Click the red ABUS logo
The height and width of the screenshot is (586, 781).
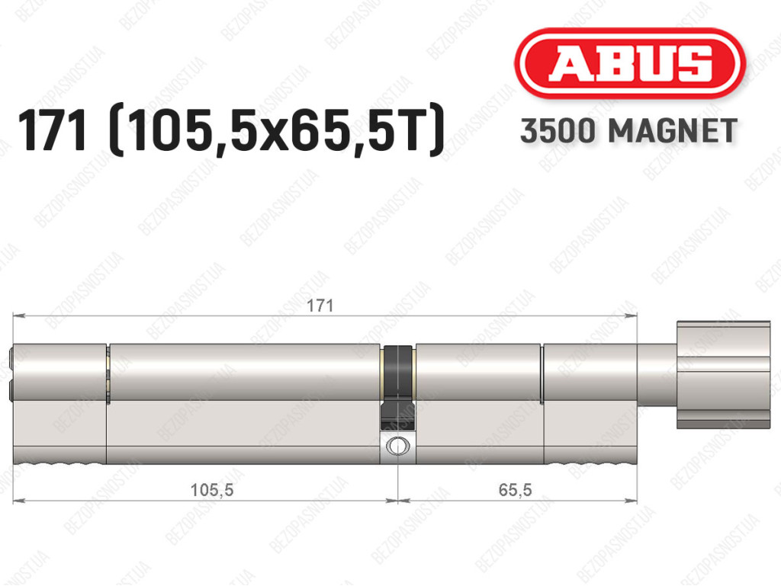[x=629, y=63]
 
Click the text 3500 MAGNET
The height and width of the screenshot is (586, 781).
[x=628, y=131]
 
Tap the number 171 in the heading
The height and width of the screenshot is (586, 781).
[x=53, y=130]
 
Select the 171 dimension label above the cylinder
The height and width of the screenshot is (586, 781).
[x=320, y=306]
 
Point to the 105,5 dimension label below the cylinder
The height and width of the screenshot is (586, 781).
[x=212, y=490]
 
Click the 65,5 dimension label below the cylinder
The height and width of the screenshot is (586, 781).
[x=515, y=490]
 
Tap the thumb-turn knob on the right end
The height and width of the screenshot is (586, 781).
[x=723, y=375]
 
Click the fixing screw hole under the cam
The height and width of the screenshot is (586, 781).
[x=397, y=445]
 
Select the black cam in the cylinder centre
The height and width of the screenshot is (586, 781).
[x=397, y=386]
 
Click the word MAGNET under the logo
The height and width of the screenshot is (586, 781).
[x=673, y=131]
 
